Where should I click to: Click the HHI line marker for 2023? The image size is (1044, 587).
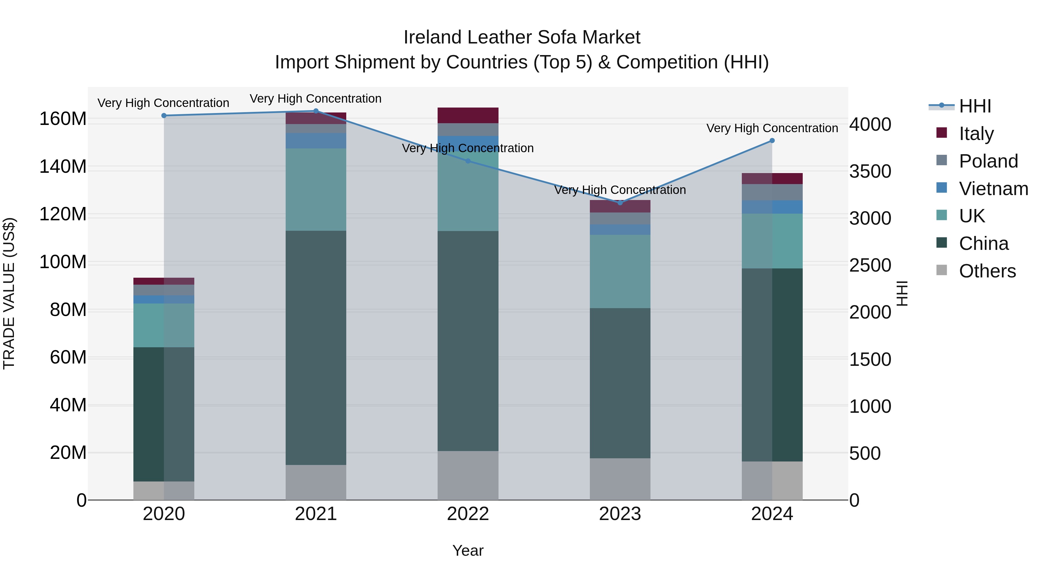coord(620,203)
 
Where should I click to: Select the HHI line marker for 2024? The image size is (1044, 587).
coord(772,141)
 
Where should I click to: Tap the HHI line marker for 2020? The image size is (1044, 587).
coord(164,115)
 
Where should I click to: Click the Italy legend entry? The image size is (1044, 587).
coord(976,134)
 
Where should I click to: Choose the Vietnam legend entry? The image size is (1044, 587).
coord(993,189)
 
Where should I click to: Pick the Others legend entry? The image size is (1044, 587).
coord(987,271)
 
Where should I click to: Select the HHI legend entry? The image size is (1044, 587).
coord(975,106)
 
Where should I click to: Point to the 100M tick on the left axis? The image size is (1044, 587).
coord(63,262)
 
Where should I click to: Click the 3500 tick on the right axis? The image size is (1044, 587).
coord(870,171)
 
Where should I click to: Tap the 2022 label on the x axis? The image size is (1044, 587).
coord(468,514)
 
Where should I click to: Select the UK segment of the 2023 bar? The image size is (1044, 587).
coord(620,271)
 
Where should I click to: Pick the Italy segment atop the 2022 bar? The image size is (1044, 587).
coord(468,115)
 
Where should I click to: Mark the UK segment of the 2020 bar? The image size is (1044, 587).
coord(164,325)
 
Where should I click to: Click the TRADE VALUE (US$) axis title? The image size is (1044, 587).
coord(9,293)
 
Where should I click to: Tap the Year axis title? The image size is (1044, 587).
coord(468,550)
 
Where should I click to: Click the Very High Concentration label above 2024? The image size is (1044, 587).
coord(772,128)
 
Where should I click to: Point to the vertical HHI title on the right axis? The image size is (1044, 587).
coord(902,293)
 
